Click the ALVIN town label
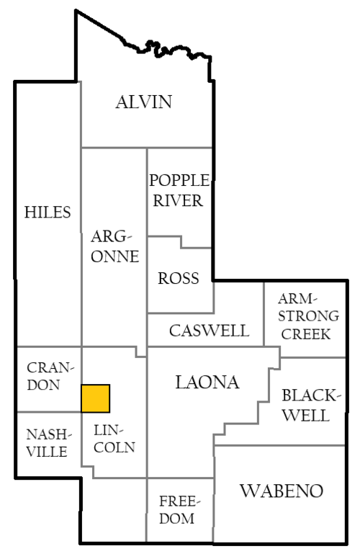pos(144,102)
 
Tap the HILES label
pos(48,212)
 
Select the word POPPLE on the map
pos(179,180)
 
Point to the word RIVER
pos(178,201)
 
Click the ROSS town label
pos(179,278)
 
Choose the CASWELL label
pos(209,331)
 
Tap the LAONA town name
pos(207,383)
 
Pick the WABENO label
pos(282,491)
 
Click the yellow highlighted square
pos(95,398)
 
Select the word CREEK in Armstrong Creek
pos(306,334)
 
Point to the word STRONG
pos(308,316)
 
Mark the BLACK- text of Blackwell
pos(311,396)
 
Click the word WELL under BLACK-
pos(306,415)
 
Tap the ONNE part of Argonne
pos(114,256)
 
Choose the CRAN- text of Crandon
pos(50,368)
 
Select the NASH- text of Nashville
pos(49,434)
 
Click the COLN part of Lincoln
pos(114,447)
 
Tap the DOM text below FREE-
pos(176,518)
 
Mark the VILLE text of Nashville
pos(47,452)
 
